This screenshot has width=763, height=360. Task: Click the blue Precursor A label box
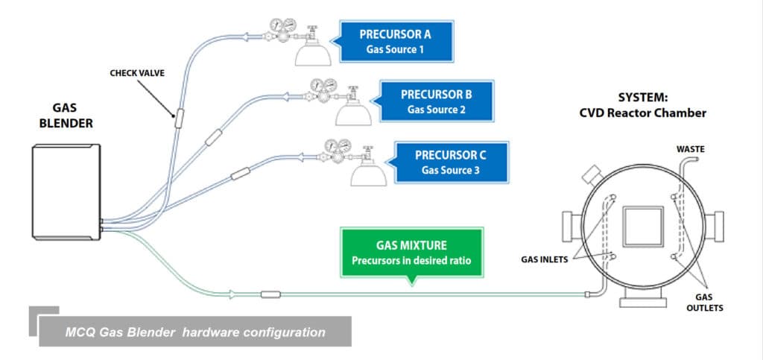coord(395,42)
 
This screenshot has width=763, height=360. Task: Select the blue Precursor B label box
coord(437,101)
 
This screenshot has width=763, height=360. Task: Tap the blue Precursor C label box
coord(451,162)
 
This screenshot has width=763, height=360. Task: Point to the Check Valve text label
coord(137,73)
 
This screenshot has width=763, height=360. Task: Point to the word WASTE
coord(691,149)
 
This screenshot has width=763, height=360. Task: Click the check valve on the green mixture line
coord(270,294)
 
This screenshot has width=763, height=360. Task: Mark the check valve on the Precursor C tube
coord(240,175)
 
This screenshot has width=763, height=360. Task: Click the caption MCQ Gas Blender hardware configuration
coord(195,332)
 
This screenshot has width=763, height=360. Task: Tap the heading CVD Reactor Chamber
coord(642,113)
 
